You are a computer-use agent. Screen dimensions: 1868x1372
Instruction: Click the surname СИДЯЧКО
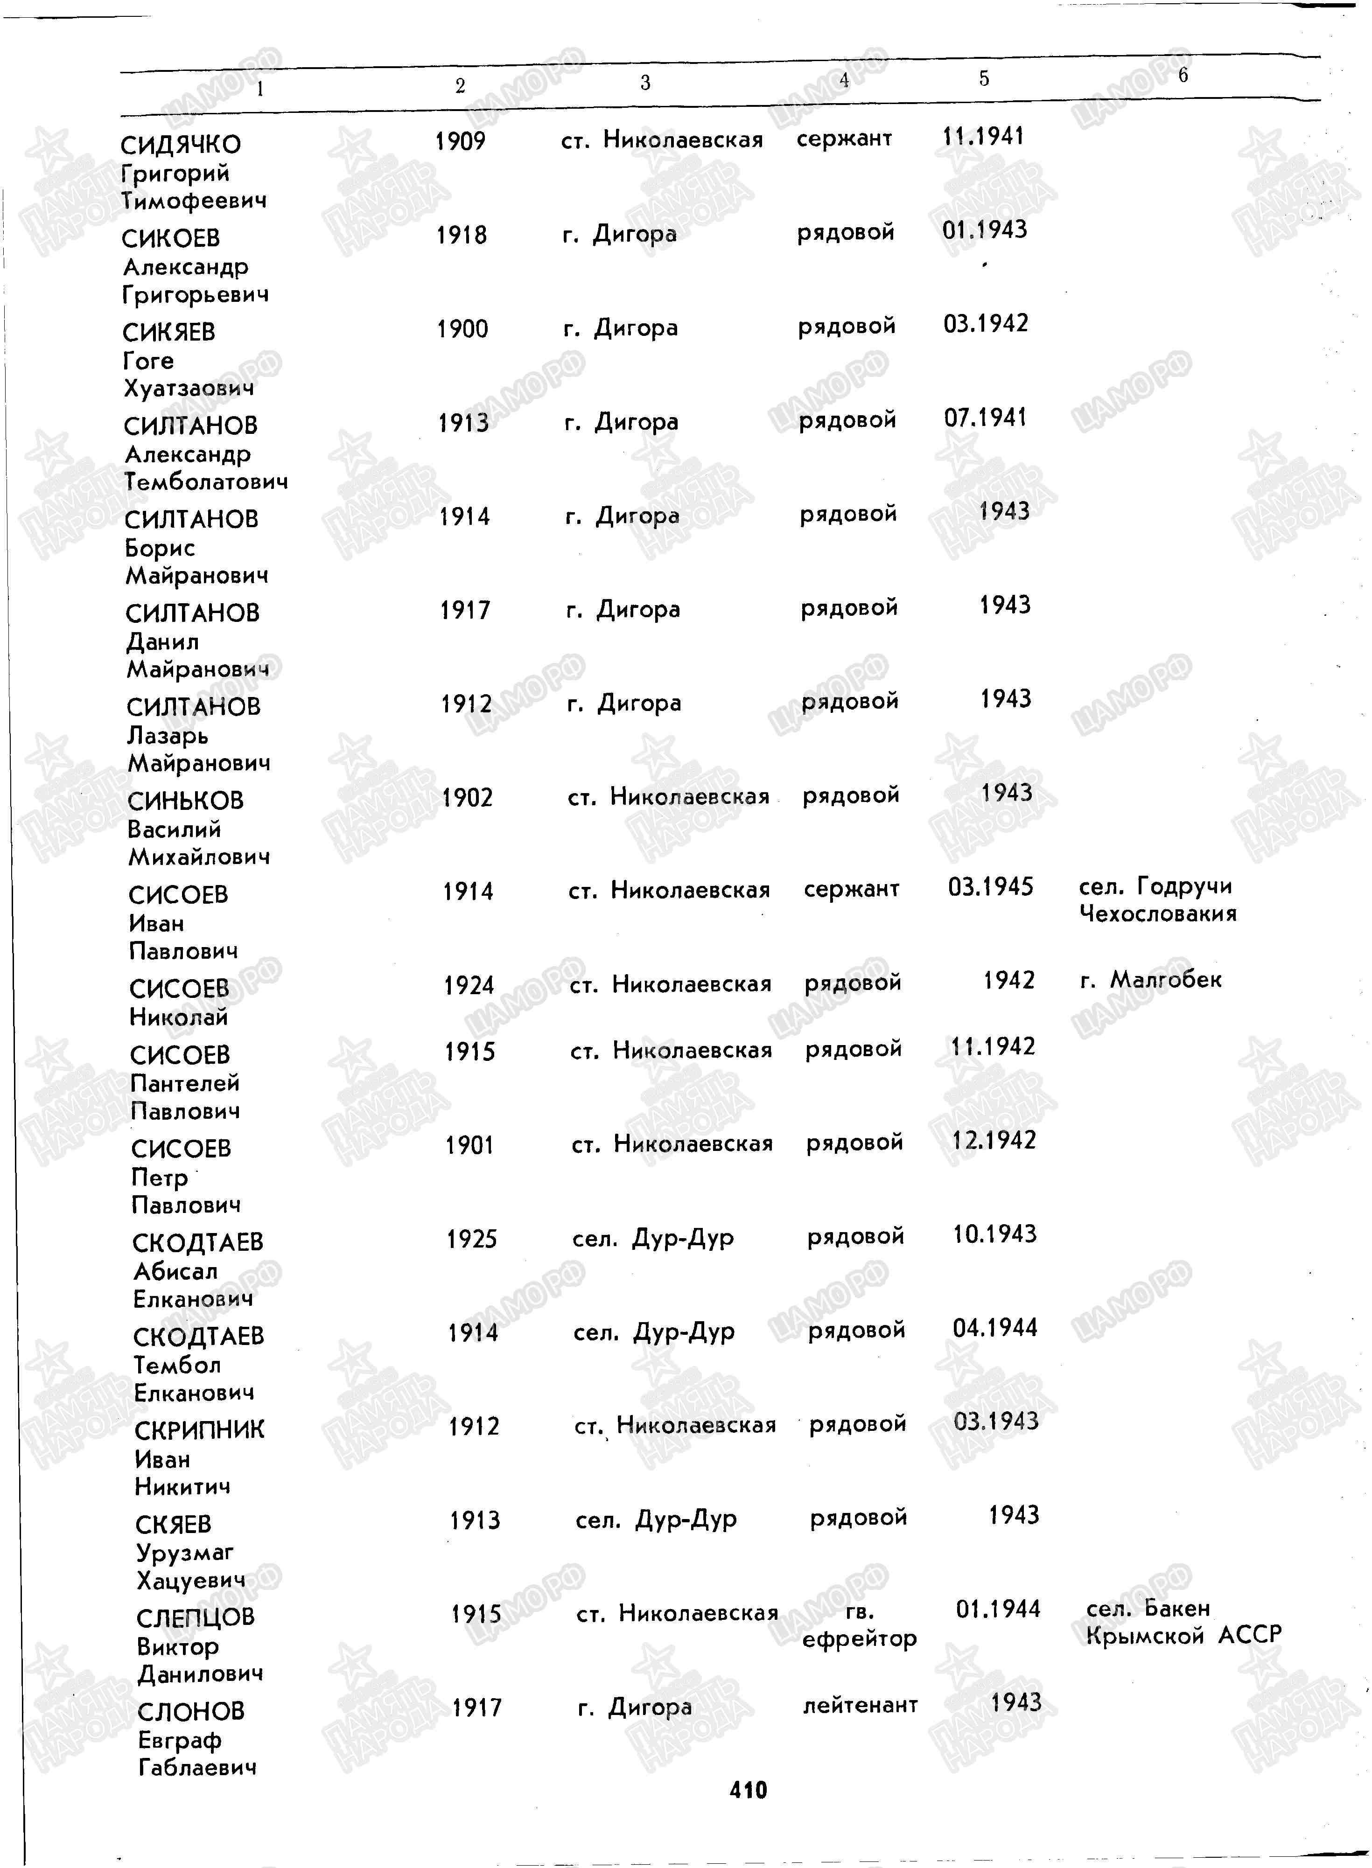180,145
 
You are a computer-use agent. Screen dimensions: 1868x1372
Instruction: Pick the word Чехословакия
1158,914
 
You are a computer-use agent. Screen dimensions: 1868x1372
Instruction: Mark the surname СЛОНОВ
191,1711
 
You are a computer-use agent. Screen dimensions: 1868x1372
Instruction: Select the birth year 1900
462,329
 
